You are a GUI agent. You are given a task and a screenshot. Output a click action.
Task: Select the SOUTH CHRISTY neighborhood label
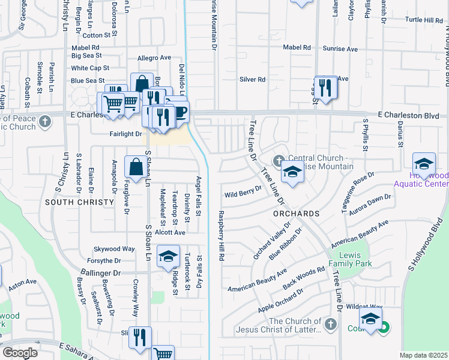(x=79, y=202)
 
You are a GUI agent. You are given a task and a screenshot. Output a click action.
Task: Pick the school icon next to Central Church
(x=292, y=173)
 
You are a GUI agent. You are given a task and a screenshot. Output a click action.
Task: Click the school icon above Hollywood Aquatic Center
(x=424, y=164)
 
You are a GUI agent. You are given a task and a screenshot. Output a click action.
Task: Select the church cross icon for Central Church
(x=278, y=161)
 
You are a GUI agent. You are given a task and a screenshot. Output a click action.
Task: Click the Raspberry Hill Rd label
(x=221, y=235)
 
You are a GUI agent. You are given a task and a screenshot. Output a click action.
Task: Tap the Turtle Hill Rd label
(x=424, y=20)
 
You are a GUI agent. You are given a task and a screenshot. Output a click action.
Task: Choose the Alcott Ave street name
(x=169, y=232)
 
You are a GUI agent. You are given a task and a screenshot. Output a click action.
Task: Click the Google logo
(x=20, y=352)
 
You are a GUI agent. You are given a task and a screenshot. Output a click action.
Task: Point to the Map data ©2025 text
(x=423, y=355)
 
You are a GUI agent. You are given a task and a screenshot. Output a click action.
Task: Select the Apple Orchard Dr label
(x=280, y=299)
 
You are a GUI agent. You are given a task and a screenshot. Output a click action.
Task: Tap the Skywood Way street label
(x=114, y=248)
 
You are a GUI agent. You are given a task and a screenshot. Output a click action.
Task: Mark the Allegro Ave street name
(x=154, y=58)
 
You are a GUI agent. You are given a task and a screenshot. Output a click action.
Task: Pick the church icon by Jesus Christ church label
(x=330, y=325)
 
